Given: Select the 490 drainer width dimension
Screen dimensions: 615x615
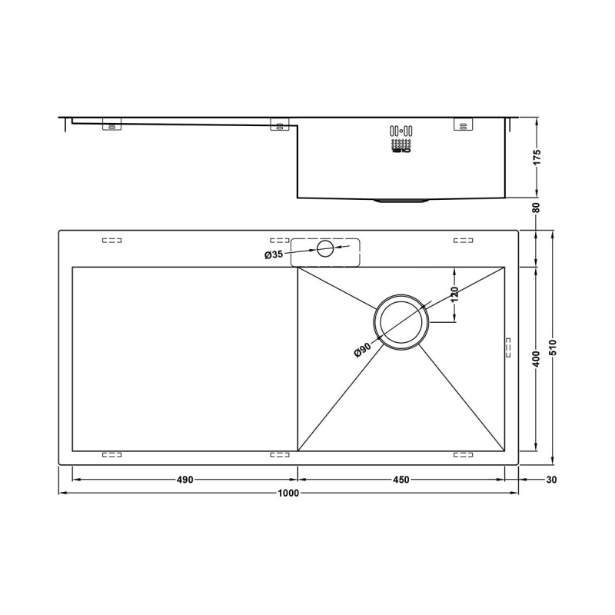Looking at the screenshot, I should coord(184,480).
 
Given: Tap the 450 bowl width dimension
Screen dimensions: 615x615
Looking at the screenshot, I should coord(401,480).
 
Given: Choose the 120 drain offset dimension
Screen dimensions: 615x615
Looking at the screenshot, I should coord(454,294).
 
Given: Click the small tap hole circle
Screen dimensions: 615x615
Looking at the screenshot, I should coord(325,248).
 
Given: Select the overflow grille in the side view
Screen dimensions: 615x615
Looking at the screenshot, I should coord(401,140).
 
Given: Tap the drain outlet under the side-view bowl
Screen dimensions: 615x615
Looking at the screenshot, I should coord(401,201).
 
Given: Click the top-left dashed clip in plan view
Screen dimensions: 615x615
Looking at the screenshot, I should coord(111,241).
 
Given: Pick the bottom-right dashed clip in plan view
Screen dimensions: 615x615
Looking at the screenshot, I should coord(464,455).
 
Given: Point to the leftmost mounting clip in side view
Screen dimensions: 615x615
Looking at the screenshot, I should coord(111,125).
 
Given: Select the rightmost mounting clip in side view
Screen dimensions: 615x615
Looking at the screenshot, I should coord(464,124).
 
